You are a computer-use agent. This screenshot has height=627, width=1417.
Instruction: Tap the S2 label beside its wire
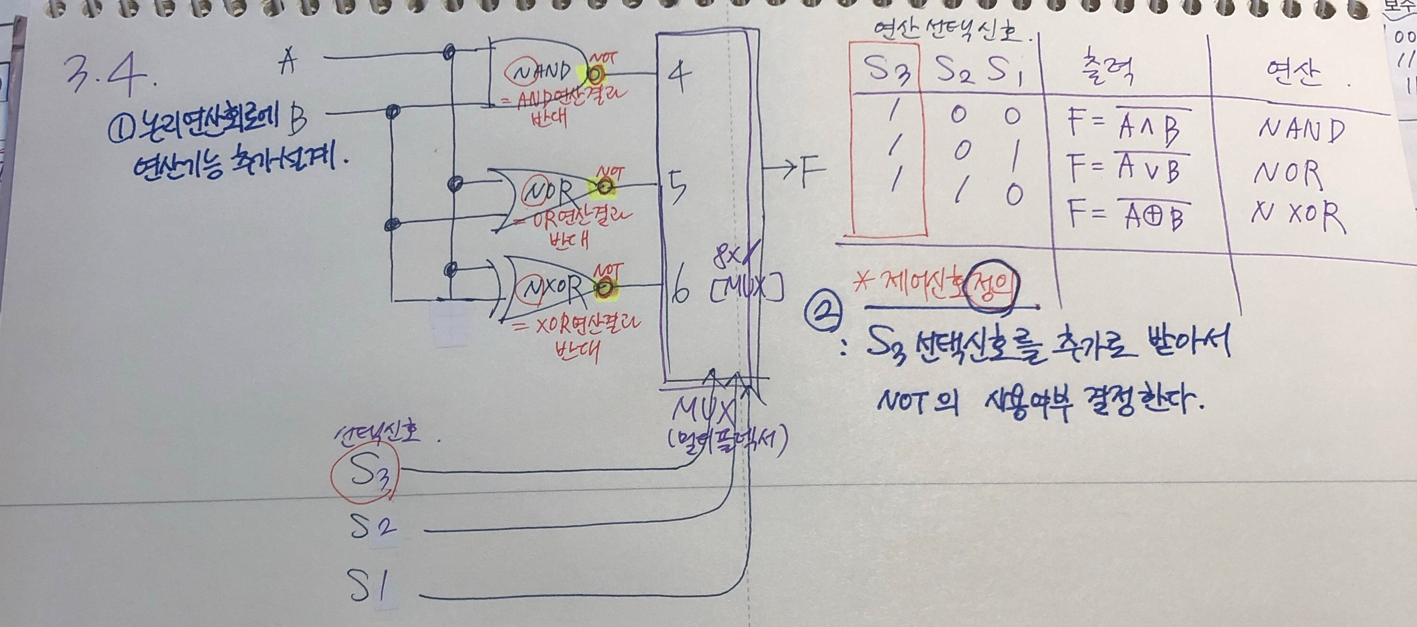pos(374,526)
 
